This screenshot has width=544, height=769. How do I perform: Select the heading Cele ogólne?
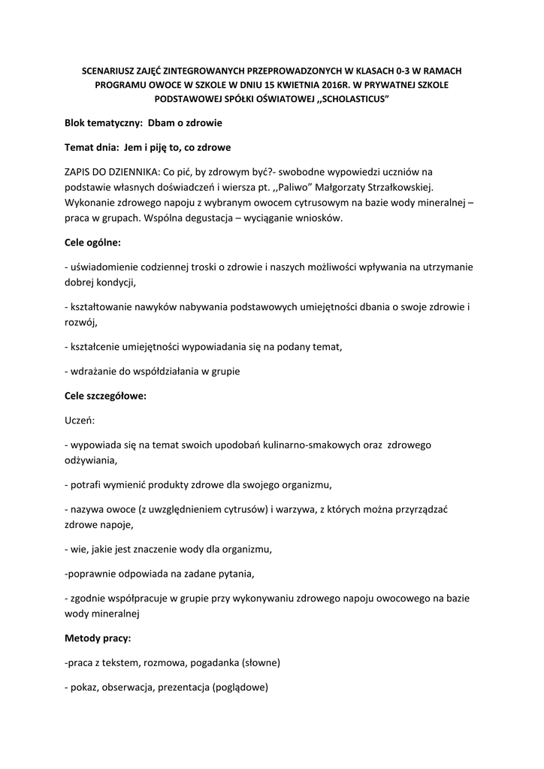point(92,243)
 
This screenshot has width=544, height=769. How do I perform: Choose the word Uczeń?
point(80,421)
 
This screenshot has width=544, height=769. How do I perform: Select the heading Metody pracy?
point(98,638)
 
